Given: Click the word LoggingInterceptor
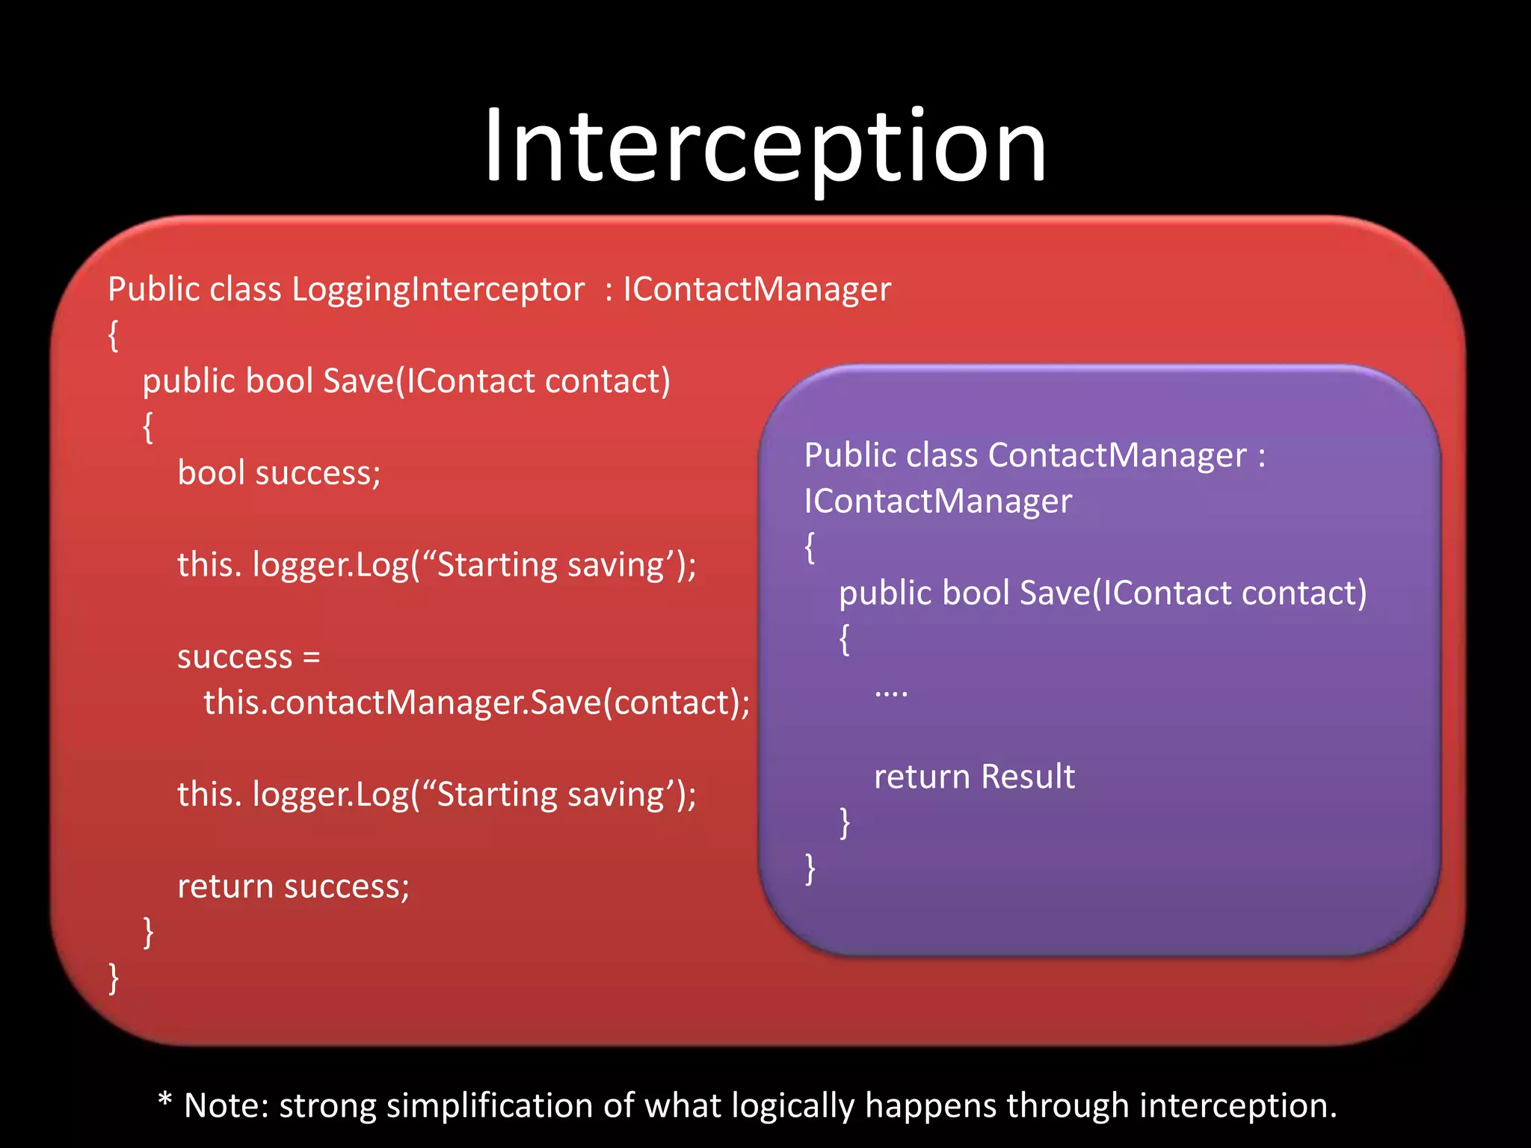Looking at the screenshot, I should [x=437, y=290].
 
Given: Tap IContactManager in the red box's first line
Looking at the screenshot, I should [x=757, y=290].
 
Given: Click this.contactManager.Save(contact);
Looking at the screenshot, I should [x=476, y=703].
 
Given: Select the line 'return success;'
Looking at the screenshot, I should [x=293, y=887].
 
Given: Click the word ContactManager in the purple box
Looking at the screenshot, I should [x=1117, y=456].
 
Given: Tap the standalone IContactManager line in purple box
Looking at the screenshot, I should [x=937, y=502].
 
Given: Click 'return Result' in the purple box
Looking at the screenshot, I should [x=974, y=777].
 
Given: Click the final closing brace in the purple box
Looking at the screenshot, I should [x=810, y=869].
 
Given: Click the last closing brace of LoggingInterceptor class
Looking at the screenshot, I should [x=114, y=978].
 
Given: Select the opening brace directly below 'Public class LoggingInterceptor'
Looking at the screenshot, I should [x=114, y=336].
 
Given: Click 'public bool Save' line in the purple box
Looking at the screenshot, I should [x=1102, y=593].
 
